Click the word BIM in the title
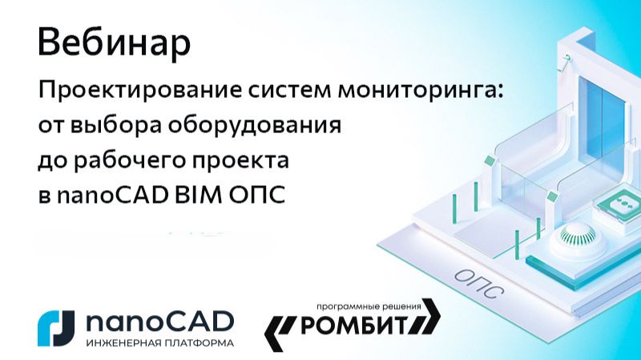(193, 196)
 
